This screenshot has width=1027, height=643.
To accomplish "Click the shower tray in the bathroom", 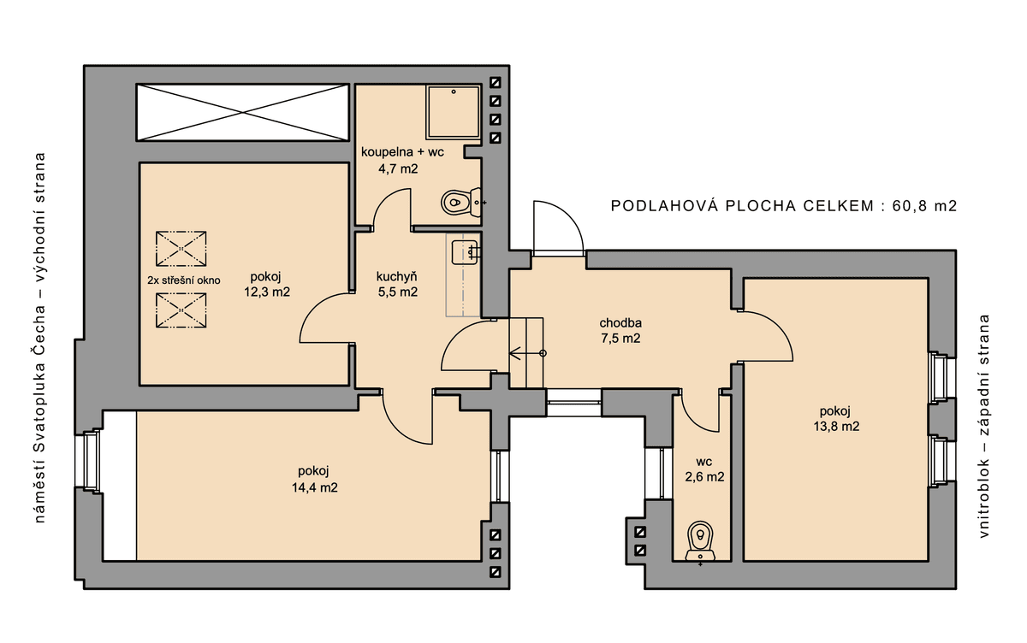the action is (x=453, y=112).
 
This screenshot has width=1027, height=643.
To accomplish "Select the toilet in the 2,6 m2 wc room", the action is (x=700, y=541).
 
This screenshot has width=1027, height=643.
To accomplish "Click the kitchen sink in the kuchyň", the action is (x=466, y=252).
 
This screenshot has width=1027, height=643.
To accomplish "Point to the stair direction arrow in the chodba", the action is (x=528, y=353).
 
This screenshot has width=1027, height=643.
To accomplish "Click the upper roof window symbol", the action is (x=181, y=249).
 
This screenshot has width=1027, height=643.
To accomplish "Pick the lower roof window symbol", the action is (x=181, y=310).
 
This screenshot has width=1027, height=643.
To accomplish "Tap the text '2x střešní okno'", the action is (x=184, y=280).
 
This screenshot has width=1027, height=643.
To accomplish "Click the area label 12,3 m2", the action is (x=267, y=292).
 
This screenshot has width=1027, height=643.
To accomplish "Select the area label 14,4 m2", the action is (x=315, y=487).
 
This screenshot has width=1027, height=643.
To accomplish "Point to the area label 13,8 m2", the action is (x=836, y=427).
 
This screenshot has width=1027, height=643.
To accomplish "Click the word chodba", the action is (x=620, y=323).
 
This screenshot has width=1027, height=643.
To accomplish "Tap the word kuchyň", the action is (x=396, y=276).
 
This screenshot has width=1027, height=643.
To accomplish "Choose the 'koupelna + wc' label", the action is (x=402, y=152).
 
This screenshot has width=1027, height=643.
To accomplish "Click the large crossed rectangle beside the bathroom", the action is (x=242, y=112).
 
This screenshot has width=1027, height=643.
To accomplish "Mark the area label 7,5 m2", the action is (x=620, y=339).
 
